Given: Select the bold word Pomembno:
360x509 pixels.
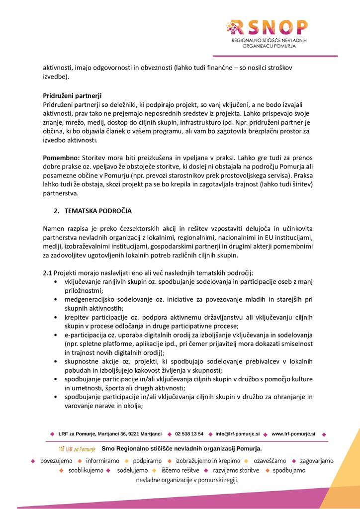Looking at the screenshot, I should (61, 157).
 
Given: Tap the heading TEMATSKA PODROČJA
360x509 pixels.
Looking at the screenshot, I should (98, 211).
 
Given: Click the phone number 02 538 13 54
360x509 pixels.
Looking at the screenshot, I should (189, 434).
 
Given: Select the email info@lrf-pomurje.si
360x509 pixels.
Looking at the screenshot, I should (238, 434).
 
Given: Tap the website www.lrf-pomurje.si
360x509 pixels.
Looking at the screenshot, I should (293, 434).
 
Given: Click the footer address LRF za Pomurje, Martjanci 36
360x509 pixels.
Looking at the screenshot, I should (110, 434).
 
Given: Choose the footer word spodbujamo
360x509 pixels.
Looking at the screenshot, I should (289, 470).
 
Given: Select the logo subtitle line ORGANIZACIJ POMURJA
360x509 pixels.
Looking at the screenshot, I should (269, 45).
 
